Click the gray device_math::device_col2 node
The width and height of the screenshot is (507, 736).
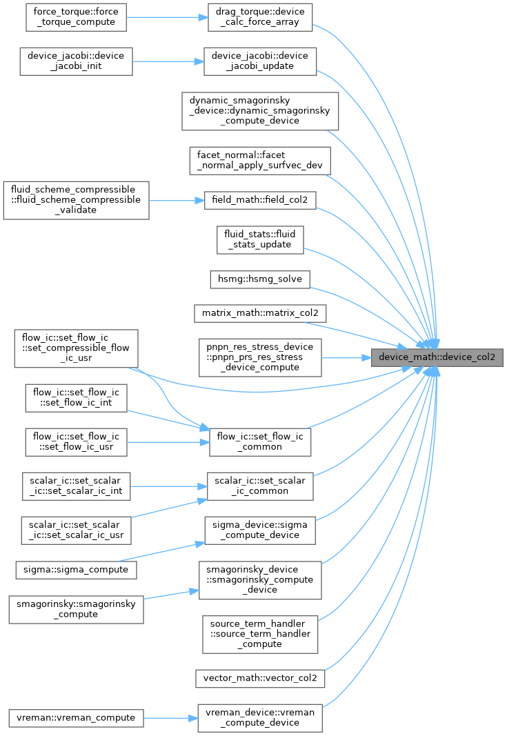[x=437, y=357]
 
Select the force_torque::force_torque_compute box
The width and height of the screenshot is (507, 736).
[x=76, y=17]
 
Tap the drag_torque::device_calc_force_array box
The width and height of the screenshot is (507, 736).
[x=260, y=17]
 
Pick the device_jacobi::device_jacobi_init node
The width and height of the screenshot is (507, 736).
[x=76, y=61]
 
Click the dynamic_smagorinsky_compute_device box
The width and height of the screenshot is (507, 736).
[x=260, y=111]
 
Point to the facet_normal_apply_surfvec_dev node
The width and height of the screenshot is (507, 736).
[x=260, y=161]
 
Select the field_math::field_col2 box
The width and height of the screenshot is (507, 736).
[x=260, y=200]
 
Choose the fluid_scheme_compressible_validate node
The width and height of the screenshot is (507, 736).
[x=76, y=200]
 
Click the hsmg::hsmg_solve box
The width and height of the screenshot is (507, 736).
[x=260, y=279]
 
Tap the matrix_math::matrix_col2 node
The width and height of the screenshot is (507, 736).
[x=260, y=313]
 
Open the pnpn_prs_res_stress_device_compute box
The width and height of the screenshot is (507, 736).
[x=260, y=358]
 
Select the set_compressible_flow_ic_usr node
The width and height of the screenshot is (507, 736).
[x=76, y=348]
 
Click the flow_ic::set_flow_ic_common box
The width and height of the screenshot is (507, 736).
[x=260, y=441]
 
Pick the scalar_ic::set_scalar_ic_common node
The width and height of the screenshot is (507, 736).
[x=260, y=486]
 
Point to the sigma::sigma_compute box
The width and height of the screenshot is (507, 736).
[x=76, y=570]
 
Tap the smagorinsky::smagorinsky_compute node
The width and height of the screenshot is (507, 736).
[x=76, y=609]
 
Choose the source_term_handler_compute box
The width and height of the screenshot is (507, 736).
[x=260, y=634]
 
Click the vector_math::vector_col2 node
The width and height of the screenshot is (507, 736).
[x=260, y=678]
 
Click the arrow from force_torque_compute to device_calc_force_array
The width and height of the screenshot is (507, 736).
[x=167, y=17]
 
